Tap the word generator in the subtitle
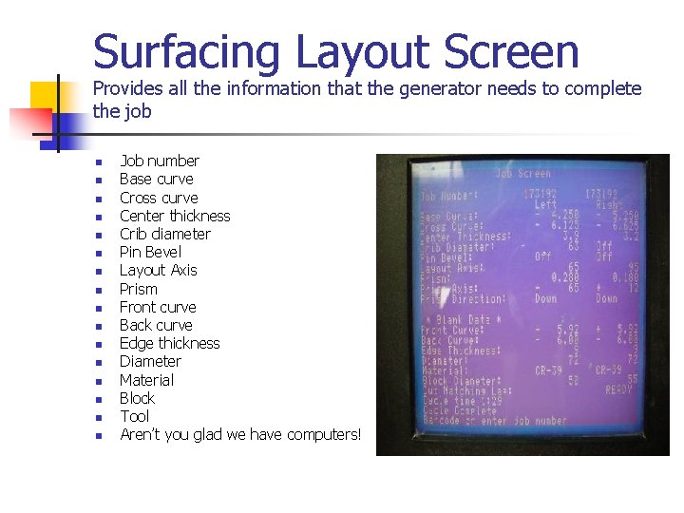[x=441, y=89]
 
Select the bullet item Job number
[x=159, y=161]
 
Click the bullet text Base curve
[x=156, y=179]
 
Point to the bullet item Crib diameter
[x=164, y=234]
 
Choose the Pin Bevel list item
[x=150, y=252]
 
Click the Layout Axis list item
[x=158, y=270]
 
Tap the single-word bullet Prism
[x=139, y=289]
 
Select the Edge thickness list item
[x=169, y=343]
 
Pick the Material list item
[x=146, y=380]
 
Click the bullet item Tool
[x=134, y=416]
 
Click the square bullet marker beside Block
[x=97, y=399]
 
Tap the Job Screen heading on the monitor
[x=522, y=174]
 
